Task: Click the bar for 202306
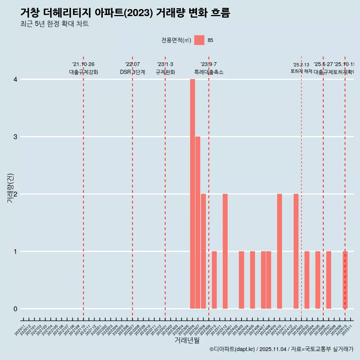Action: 192,194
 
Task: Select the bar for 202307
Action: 198,223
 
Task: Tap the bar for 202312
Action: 225,251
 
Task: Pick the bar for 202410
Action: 279,251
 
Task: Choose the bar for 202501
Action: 296,251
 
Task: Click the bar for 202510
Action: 345,280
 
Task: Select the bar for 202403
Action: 241,280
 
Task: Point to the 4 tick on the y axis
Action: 15,79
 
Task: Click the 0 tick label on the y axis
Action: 15,309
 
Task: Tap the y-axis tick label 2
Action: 15,194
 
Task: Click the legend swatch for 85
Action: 199,40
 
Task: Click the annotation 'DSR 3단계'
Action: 132,72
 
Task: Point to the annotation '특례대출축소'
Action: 208,72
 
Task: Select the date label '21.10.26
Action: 83,64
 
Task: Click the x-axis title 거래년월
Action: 187,340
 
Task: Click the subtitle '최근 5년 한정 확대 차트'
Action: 54,24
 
